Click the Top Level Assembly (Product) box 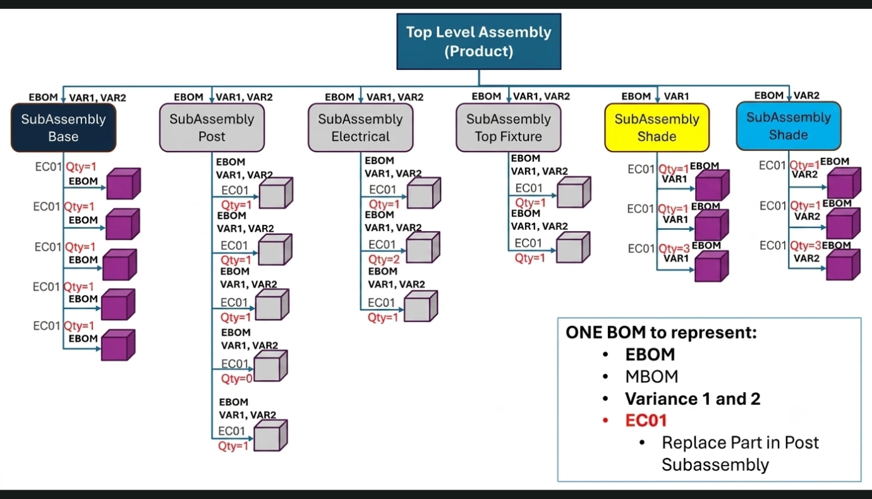(479, 42)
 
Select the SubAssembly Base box (63, 128)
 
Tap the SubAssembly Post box (212, 128)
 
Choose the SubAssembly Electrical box (360, 128)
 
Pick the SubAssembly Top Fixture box (509, 128)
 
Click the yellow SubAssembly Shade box (657, 128)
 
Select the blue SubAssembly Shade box (789, 126)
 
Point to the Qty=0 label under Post (237, 378)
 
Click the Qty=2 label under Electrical (384, 259)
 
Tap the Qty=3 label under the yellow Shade (674, 248)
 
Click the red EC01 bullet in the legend (646, 421)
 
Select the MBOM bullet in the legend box (651, 376)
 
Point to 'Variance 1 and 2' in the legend (693, 399)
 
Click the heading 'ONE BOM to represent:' (661, 332)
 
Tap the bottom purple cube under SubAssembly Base (118, 345)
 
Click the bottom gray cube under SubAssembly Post (270, 435)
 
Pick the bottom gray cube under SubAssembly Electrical (421, 306)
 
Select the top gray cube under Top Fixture (574, 192)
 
